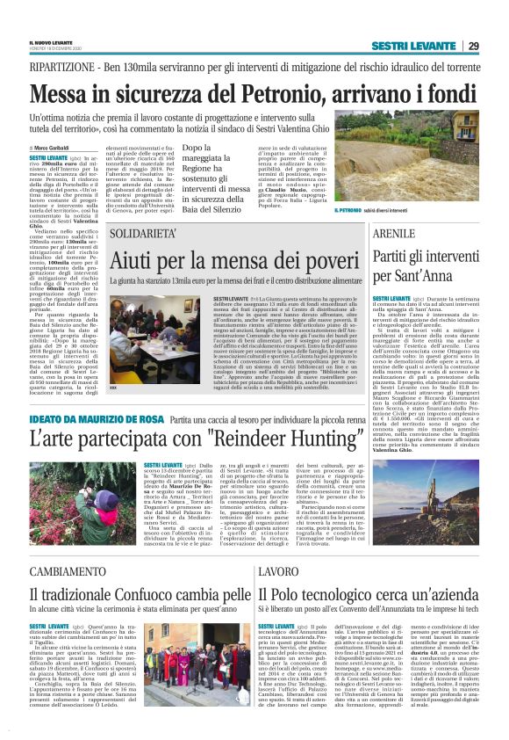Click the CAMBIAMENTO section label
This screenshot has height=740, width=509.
(x=66, y=572)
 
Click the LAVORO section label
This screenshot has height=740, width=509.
(x=275, y=572)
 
